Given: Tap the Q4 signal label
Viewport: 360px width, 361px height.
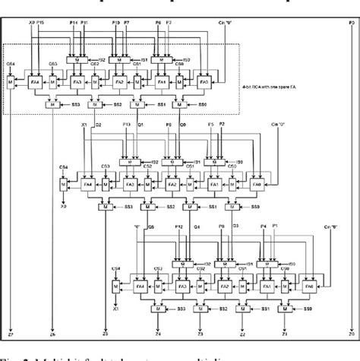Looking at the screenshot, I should [198, 226].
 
